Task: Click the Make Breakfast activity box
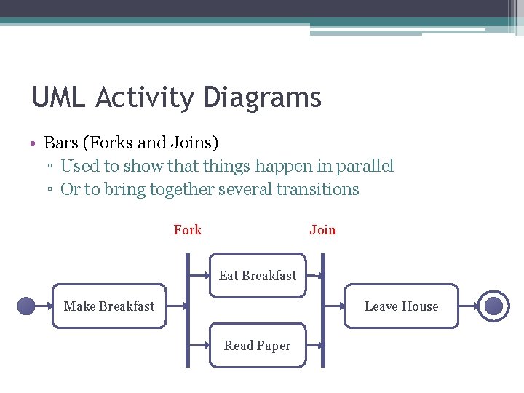109,306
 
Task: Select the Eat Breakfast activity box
258,276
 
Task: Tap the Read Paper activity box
258,346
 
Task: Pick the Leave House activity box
401,306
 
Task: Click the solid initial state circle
26,306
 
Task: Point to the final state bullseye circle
493,306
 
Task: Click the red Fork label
187,230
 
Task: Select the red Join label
322,230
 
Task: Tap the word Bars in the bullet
61,143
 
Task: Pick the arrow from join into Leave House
335,306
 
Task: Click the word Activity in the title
146,98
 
